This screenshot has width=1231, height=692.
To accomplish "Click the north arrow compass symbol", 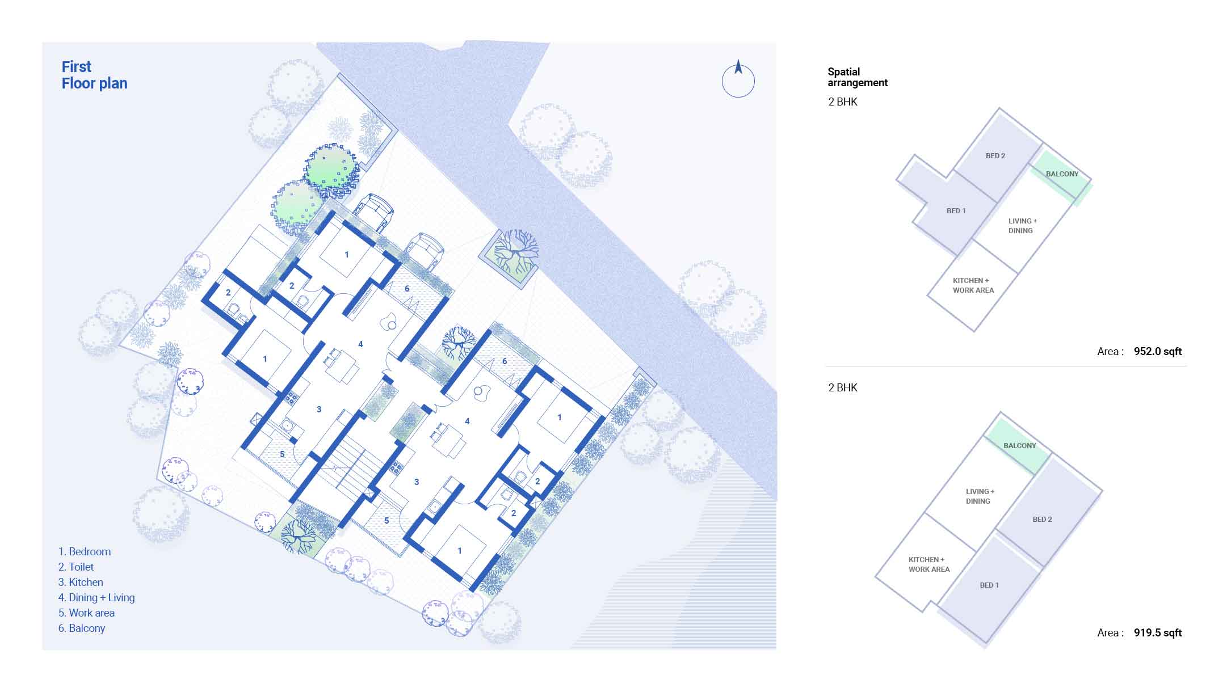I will click(738, 81).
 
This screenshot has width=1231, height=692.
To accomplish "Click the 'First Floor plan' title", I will click(94, 75).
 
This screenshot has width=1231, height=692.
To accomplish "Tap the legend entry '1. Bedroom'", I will click(85, 551).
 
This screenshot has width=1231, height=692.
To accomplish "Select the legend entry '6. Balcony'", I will click(82, 628).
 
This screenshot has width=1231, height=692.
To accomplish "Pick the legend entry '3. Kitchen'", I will click(81, 582).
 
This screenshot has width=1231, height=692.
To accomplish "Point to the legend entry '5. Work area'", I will click(86, 613).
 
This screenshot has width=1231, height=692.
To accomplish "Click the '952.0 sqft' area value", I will click(1157, 351).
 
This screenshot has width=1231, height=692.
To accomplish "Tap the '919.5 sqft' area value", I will click(1157, 632).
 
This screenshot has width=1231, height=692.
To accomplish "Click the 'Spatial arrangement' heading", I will click(857, 77).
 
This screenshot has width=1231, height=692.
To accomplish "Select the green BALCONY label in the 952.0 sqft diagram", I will click(1062, 174).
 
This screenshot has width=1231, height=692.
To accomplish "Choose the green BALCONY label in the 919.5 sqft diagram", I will click(1019, 446).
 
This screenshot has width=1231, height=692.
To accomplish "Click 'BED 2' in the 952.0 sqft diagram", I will click(995, 156).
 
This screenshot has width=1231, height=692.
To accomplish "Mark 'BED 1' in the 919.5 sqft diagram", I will click(989, 585).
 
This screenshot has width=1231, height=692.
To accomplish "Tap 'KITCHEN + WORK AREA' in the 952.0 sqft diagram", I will click(973, 285).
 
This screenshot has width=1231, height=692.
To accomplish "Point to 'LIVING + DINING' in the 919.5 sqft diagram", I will click(980, 496).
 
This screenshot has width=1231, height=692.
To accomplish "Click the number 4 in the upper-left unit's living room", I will click(360, 344).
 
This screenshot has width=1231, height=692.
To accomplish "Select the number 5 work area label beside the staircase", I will click(386, 521).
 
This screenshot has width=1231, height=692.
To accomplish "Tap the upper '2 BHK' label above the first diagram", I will click(843, 102).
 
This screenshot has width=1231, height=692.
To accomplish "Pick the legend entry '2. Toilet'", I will click(76, 567).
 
